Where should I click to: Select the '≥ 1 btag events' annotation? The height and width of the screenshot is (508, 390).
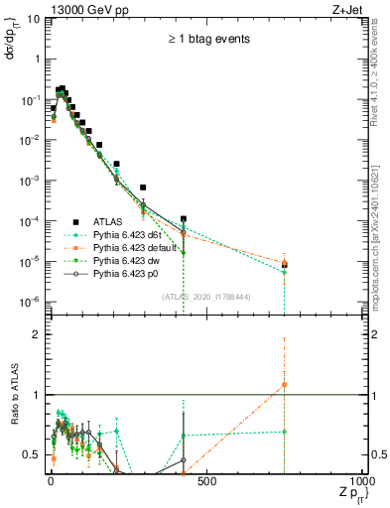pyautogui.click(x=209, y=40)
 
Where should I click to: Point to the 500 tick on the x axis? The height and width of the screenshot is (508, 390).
pyautogui.click(x=205, y=481)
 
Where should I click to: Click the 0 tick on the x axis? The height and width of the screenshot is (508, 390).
pyautogui.click(x=51, y=481)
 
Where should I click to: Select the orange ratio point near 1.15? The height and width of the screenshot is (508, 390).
pyautogui.click(x=285, y=384)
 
